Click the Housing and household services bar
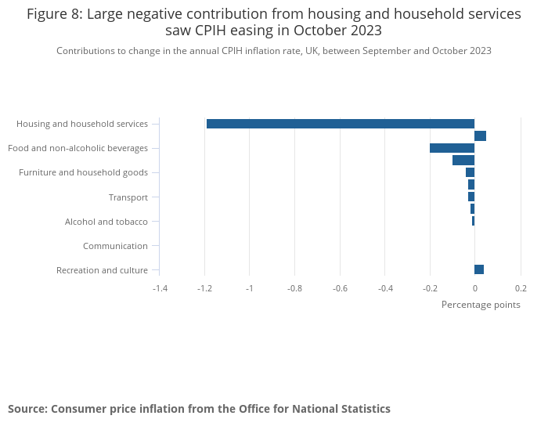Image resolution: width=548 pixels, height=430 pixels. click(x=341, y=124)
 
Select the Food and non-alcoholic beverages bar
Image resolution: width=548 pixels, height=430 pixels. click(x=452, y=148)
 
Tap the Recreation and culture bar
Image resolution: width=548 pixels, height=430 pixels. click(x=479, y=269)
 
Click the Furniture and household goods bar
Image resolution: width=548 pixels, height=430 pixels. click(x=470, y=172)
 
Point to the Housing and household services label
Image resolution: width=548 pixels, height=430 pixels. click(x=82, y=124)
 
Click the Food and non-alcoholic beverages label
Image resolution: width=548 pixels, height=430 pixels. click(x=78, y=148)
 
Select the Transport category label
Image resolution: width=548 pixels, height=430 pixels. click(x=128, y=197)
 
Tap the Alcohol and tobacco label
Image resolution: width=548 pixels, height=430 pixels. click(x=106, y=222)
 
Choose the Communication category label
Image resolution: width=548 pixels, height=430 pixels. click(x=115, y=246)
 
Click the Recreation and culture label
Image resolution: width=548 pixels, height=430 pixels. click(x=102, y=270)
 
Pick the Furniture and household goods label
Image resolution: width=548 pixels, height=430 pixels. click(x=83, y=172)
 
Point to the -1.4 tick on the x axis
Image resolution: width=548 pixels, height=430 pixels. click(x=160, y=288)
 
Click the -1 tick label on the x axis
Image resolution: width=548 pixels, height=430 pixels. click(x=250, y=288)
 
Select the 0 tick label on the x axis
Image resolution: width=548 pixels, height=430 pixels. click(x=474, y=288)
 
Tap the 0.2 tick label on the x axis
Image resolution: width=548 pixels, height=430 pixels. click(x=521, y=288)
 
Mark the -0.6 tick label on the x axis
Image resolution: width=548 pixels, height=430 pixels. click(x=340, y=288)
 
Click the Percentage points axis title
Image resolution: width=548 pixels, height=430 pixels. click(x=481, y=305)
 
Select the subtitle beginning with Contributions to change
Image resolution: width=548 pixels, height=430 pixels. click(x=274, y=51)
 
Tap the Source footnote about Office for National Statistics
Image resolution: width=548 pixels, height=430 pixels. click(x=199, y=409)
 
